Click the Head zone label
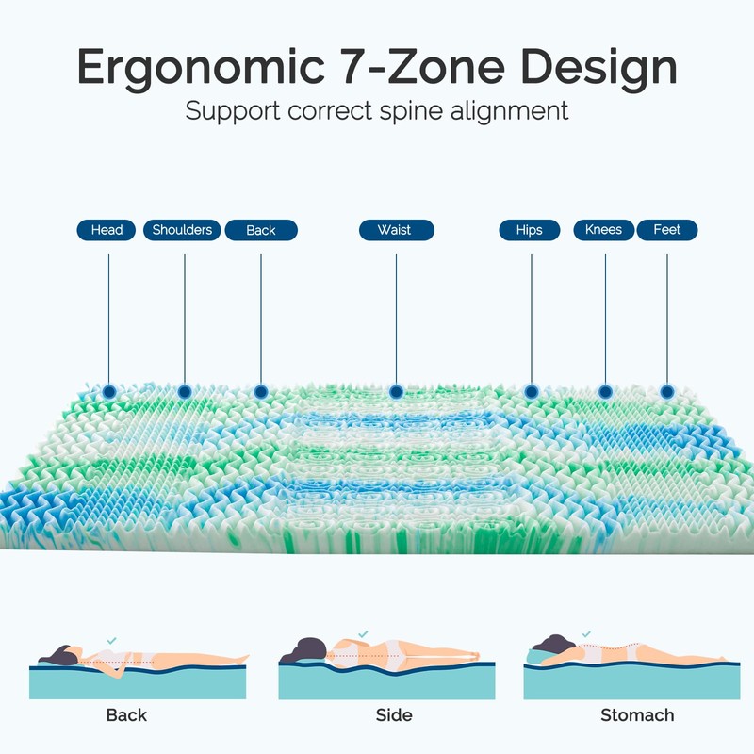click(x=107, y=230)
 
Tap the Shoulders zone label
click(x=182, y=230)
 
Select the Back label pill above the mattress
click(x=261, y=230)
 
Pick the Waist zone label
click(x=395, y=230)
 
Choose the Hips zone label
click(x=530, y=230)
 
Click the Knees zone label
click(x=604, y=230)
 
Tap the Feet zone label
click(x=667, y=230)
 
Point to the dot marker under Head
click(x=108, y=390)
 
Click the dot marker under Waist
click(x=396, y=390)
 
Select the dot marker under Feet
click(x=667, y=390)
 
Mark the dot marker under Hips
click(x=531, y=390)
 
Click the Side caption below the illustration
click(x=394, y=715)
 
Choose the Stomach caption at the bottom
click(x=638, y=715)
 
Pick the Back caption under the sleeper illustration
click(x=126, y=715)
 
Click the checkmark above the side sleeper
click(x=363, y=636)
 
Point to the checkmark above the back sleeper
click(x=113, y=639)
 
